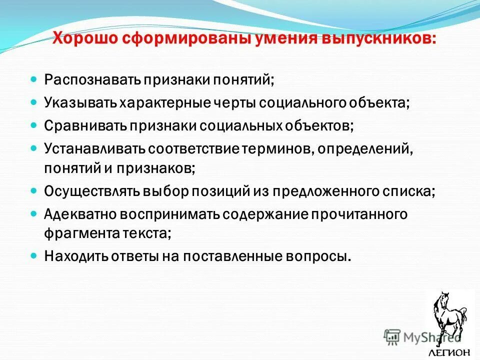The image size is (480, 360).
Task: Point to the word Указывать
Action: coord(80,103)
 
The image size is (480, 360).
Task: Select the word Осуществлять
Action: coord(92,191)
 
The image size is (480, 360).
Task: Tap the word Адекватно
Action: coord(80,214)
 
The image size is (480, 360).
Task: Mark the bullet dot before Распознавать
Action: coord(34,79)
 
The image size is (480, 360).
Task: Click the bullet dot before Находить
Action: coord(34,255)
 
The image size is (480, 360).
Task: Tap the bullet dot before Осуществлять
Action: coord(34,190)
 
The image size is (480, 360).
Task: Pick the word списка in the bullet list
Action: coord(409,191)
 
